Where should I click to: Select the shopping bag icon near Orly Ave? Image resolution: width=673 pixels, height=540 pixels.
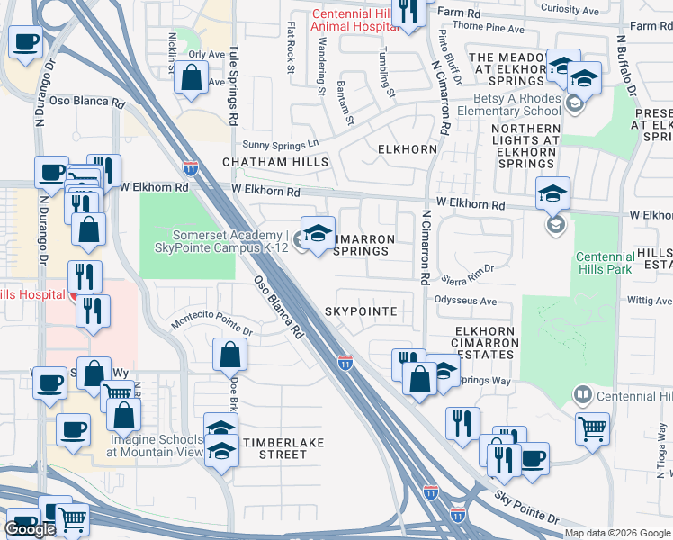click(192, 78)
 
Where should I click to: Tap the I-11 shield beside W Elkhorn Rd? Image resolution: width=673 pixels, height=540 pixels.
click(190, 168)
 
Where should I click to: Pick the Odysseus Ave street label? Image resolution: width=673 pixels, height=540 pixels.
click(466, 301)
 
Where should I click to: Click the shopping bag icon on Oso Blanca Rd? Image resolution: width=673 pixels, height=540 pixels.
click(229, 356)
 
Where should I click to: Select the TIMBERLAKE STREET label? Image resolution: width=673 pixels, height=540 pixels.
click(283, 447)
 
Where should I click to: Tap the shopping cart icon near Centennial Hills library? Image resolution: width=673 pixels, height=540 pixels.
click(592, 431)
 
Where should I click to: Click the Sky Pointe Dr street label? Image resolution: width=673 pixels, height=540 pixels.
click(526, 508)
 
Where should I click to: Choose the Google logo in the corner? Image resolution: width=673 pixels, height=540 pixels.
click(30, 529)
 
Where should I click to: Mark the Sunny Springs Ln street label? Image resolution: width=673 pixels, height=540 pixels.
click(281, 144)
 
